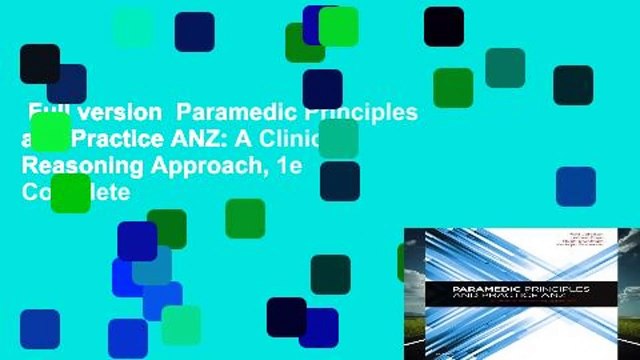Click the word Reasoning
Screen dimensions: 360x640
[85, 164]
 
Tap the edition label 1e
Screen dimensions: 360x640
[289, 164]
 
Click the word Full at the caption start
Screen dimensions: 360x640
[49, 112]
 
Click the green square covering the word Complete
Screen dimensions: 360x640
[70, 193]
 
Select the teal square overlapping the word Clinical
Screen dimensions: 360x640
[338, 139]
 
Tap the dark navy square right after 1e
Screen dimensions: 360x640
[339, 181]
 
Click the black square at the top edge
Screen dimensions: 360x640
[443, 26]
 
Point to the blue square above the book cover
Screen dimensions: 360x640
[575, 186]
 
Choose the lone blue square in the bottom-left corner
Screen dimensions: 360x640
[39, 328]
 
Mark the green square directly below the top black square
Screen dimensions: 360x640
[452, 88]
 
